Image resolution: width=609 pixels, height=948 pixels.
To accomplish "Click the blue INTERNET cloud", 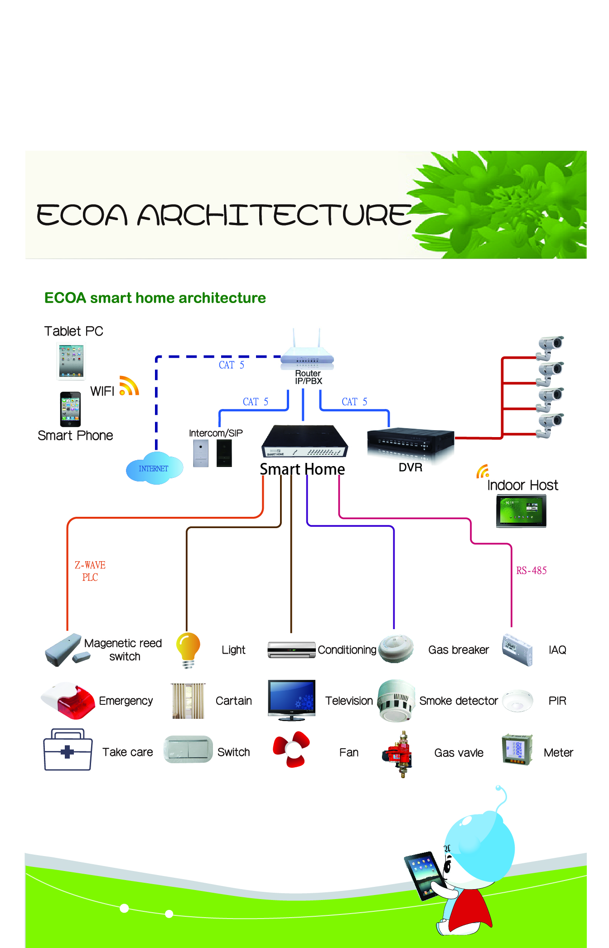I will (154, 468).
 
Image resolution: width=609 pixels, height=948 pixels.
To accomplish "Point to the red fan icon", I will (291, 749).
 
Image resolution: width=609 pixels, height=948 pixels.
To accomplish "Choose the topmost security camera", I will (550, 346).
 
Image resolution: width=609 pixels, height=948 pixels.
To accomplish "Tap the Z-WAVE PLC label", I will (90, 571).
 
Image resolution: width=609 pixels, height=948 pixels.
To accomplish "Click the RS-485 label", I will (531, 571).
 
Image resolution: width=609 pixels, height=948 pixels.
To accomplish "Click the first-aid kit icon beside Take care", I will (68, 750).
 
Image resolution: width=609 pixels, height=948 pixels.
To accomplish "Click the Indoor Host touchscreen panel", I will (521, 510).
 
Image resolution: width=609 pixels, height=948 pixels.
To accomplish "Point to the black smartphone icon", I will (70, 409).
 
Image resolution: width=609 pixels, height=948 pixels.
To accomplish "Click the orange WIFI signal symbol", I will (129, 386).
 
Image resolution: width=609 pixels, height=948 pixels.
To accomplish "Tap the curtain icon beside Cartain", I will (188, 701).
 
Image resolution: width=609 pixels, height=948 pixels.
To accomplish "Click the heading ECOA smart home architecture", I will (155, 298).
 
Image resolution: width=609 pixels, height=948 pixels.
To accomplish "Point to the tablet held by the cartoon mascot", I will (425, 874).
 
